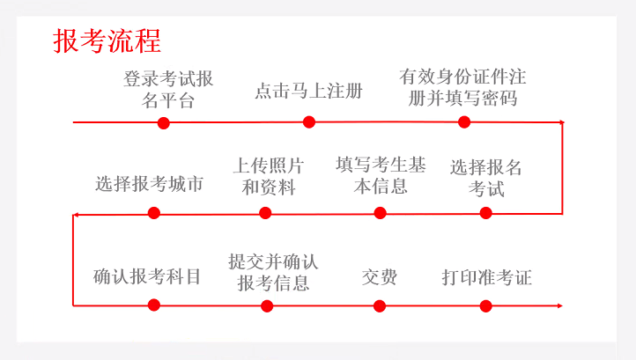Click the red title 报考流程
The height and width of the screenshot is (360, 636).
coord(107,40)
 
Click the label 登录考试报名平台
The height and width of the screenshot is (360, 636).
coord(168,89)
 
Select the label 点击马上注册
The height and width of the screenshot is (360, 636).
coord(308,90)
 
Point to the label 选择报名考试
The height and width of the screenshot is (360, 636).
coord(485,177)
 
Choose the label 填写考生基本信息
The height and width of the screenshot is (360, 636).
coord(381,175)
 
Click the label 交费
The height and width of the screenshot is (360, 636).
coord(379,277)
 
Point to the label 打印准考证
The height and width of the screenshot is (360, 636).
coord(486,277)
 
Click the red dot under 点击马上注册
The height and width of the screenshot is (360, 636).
coord(309,122)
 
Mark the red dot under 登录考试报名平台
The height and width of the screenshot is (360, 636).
coord(163,123)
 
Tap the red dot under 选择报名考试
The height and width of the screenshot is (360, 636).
coord(486,213)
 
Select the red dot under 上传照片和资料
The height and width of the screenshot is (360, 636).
coord(265,213)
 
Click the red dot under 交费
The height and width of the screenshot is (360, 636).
coord(380,305)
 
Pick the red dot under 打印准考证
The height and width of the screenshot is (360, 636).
coord(486,305)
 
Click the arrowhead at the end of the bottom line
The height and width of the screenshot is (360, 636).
coord(558,305)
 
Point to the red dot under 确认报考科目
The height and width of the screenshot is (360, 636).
coord(154,305)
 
